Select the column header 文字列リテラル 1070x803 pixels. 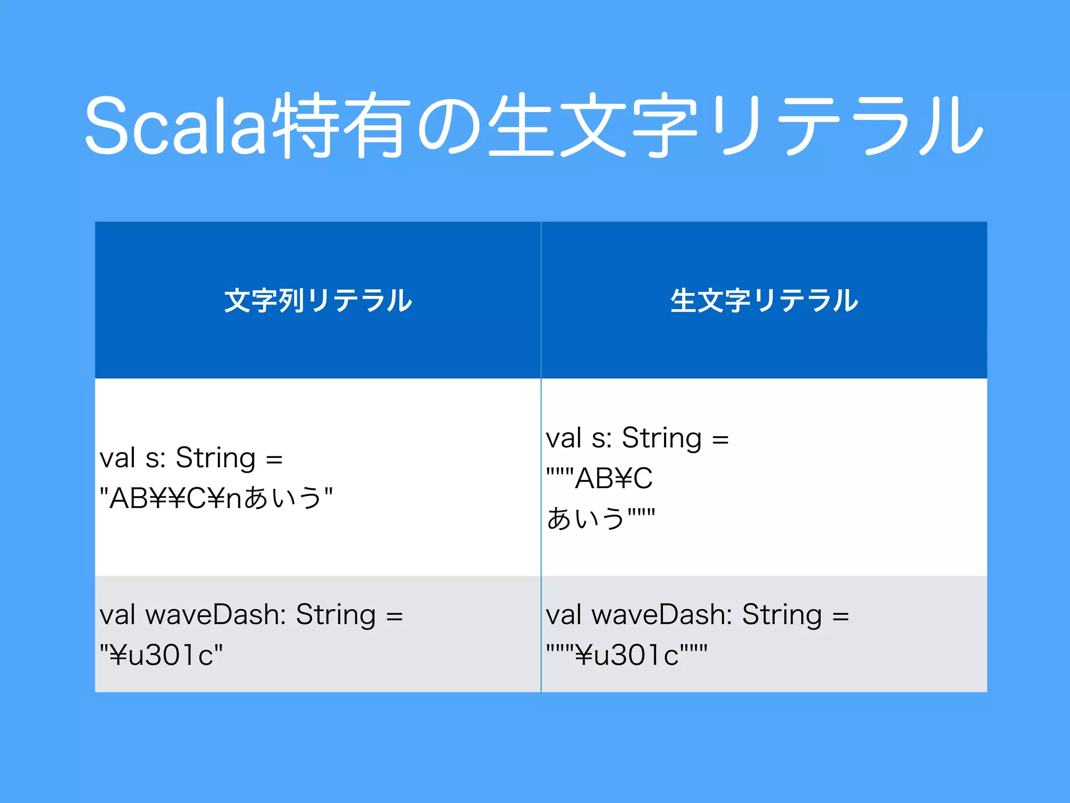point(318,301)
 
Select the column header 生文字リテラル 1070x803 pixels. point(764,301)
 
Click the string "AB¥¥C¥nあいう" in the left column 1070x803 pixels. point(216,498)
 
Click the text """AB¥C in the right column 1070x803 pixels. point(599,478)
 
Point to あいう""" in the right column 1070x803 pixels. point(600,518)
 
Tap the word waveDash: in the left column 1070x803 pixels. point(216,614)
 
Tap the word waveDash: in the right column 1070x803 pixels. point(662,614)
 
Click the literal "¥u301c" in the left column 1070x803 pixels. point(161,655)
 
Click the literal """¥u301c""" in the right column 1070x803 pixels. point(626,655)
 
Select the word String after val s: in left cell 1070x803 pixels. point(216,458)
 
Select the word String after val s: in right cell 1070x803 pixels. point(662,438)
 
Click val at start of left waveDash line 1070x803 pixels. point(118,614)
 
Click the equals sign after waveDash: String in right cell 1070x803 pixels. point(841,616)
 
